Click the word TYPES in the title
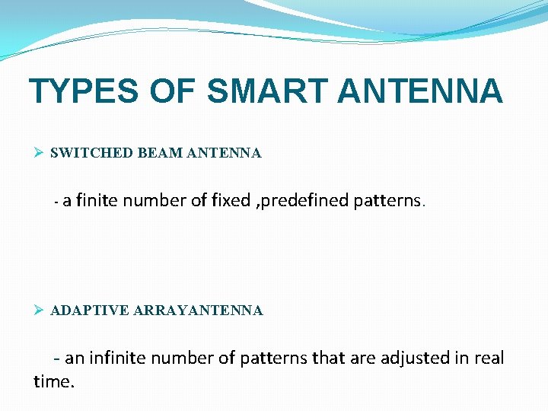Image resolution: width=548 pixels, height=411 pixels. [84, 91]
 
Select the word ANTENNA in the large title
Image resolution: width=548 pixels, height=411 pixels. [419, 91]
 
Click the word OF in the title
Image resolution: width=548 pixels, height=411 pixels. [172, 91]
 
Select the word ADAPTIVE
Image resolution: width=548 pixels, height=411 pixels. [89, 311]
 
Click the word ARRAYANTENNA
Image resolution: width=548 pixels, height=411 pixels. [198, 311]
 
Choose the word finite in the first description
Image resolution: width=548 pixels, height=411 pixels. [97, 201]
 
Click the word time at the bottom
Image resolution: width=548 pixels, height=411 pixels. [53, 381]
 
